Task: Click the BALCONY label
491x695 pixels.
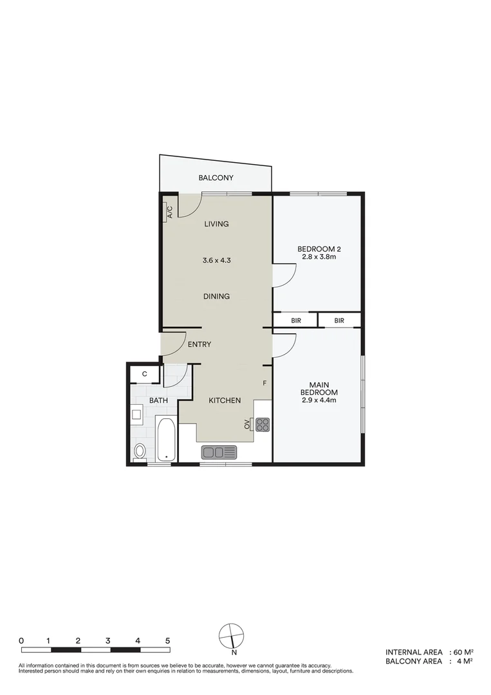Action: pos(216,178)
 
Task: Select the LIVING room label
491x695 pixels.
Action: pos(216,224)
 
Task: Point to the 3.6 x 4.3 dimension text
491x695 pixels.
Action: pos(216,261)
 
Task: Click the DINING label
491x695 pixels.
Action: pos(216,297)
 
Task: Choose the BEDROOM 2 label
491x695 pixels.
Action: pos(318,249)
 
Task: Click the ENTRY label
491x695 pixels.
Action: pos(199,345)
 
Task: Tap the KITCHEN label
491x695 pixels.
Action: pos(225,400)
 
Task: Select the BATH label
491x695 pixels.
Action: pos(159,400)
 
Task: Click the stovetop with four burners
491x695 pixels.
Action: pos(263,424)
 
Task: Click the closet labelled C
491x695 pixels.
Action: pos(145,374)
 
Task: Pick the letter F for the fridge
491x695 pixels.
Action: pos(264,384)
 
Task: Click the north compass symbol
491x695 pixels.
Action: pos(232,636)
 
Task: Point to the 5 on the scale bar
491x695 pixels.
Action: pos(167,640)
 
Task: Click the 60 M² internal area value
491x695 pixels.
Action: pos(464,652)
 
